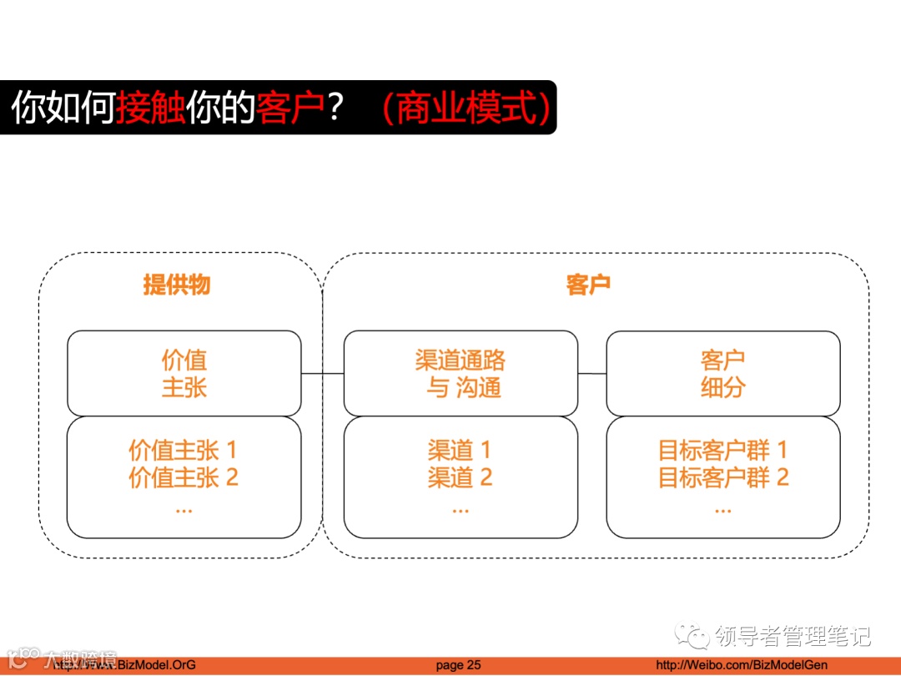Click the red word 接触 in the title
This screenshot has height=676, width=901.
point(151,108)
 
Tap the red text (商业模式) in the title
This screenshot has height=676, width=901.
point(466,108)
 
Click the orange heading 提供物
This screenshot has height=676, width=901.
point(177,285)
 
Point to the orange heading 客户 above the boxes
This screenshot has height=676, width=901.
point(588,285)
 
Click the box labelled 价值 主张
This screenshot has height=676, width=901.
point(184,373)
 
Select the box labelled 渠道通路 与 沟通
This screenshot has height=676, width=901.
point(461,373)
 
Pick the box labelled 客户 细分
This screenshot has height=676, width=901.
point(723,373)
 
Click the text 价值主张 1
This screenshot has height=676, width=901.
point(183,451)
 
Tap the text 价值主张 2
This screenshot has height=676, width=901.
point(183,478)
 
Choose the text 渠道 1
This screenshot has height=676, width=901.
point(460,451)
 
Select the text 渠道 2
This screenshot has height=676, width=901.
point(460,478)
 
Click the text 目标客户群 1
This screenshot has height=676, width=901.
point(723,451)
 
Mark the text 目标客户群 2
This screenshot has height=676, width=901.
point(723,478)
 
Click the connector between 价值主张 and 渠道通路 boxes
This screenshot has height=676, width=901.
point(322,374)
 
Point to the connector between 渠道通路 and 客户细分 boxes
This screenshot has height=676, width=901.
point(591,374)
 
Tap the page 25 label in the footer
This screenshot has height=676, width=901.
point(458,665)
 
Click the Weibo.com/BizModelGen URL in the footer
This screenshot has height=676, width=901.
point(733,665)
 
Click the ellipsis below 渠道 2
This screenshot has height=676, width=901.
point(460,507)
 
